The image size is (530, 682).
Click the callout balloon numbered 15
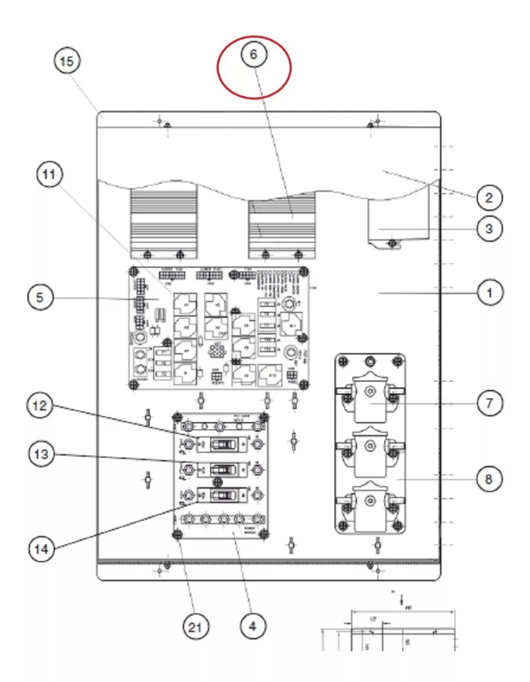[x=67, y=61]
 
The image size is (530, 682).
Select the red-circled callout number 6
[x=253, y=55]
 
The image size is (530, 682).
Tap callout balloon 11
[x=51, y=176]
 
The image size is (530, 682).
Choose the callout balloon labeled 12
[x=43, y=406]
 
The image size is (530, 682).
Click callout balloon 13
[x=43, y=455]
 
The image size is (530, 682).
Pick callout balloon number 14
[x=43, y=549]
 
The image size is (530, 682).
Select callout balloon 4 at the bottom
[x=253, y=626]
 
